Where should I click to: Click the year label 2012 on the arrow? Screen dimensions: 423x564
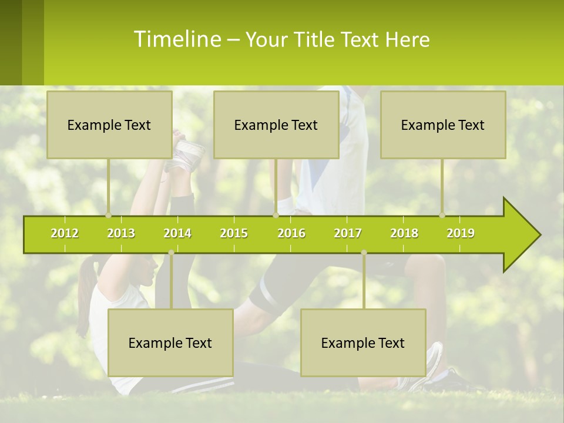click(x=65, y=233)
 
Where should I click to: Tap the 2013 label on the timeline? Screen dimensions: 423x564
click(x=121, y=233)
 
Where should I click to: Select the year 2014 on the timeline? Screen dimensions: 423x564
click(x=177, y=233)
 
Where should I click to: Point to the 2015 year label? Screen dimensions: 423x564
click(x=234, y=233)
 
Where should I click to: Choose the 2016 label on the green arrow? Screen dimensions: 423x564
click(x=291, y=233)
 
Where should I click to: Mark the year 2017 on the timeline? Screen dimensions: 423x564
click(x=348, y=233)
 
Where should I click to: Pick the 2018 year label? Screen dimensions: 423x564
click(x=404, y=233)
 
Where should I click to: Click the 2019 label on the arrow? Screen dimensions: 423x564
click(x=461, y=233)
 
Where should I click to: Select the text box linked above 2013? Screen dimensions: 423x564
click(x=109, y=125)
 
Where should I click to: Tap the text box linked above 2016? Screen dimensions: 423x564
click(x=276, y=125)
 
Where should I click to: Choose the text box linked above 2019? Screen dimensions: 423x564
click(x=443, y=125)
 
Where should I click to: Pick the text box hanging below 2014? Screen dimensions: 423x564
click(x=170, y=343)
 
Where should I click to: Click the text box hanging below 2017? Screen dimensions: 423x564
click(x=363, y=343)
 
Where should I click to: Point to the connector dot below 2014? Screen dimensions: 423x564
click(x=171, y=253)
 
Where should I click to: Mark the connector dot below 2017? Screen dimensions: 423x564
click(x=364, y=253)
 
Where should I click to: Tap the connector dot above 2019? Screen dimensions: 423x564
click(x=442, y=215)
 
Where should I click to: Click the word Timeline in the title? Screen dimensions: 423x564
click(x=176, y=39)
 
